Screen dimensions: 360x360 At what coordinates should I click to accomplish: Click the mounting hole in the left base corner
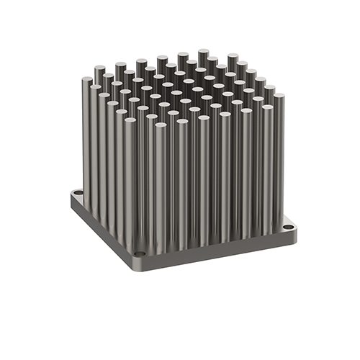(x=78, y=195)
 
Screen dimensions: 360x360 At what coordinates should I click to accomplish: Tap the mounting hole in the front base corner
(x=138, y=255)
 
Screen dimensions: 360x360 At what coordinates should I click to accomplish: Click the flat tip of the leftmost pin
(x=86, y=80)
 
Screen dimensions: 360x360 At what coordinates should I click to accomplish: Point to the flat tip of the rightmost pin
(x=279, y=96)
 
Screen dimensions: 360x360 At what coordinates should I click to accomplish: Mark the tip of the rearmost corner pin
(x=204, y=53)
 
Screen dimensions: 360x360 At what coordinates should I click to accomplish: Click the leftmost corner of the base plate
(x=71, y=193)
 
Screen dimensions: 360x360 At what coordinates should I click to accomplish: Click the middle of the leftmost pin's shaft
(x=86, y=137)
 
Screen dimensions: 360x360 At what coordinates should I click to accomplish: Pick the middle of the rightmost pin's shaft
(x=278, y=158)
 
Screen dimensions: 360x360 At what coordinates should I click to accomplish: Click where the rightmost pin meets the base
(x=278, y=220)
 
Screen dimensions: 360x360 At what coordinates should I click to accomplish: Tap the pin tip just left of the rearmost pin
(x=183, y=55)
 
